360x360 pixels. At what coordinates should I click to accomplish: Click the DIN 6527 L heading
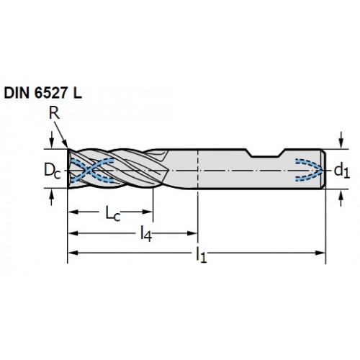point(43,93)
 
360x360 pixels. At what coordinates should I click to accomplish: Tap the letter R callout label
point(54,113)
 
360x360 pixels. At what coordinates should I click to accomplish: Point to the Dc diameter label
point(53,171)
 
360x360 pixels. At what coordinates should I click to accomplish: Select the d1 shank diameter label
point(342,171)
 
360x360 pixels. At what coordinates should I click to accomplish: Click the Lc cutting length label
point(113,213)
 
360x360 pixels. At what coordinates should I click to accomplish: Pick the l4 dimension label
point(146,233)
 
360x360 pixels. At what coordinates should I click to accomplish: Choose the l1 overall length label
point(201,255)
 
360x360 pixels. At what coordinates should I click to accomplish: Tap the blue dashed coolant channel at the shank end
point(310,169)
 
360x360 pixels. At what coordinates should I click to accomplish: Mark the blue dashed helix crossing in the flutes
point(87,170)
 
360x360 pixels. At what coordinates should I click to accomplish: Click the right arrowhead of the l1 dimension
point(321,253)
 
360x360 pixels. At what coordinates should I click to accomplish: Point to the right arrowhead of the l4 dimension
point(192,233)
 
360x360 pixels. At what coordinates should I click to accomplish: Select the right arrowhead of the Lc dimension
point(148,212)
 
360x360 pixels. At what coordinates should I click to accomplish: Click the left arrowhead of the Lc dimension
point(73,212)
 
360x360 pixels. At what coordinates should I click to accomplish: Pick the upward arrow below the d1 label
point(341,197)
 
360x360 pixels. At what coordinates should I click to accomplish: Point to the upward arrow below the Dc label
point(51,197)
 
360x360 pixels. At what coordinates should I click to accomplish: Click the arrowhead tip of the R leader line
point(68,148)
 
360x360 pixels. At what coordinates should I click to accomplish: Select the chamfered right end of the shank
point(323,169)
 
